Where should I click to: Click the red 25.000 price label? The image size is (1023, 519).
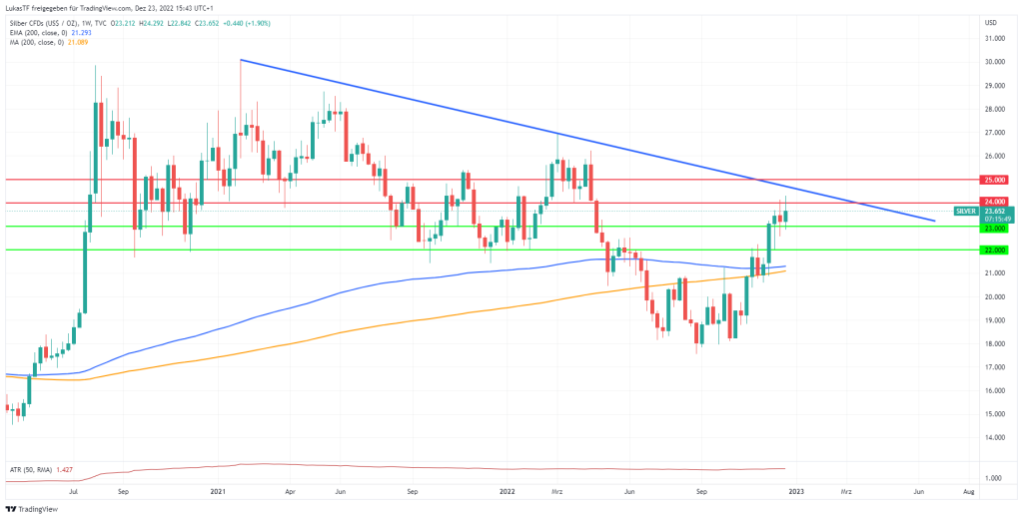coord(993,180)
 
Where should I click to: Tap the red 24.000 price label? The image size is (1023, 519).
coord(993,203)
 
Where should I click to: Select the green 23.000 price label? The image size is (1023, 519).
coord(993,228)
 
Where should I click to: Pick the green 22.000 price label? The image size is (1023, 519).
coord(993,250)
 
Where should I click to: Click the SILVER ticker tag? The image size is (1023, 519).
coord(965,211)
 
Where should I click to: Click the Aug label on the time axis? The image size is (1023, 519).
coord(968,492)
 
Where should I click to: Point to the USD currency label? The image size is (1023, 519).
coord(991,22)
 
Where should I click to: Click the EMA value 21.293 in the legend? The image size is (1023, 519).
coord(78,32)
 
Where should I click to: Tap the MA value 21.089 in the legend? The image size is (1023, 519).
coord(74,43)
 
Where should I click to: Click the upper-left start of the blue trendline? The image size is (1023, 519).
coord(242,61)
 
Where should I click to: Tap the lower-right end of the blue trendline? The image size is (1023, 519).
coord(934,221)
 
